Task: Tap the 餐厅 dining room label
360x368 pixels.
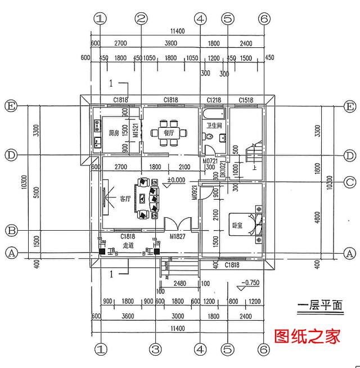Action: (168, 133)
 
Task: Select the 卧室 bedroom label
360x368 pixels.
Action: (237, 225)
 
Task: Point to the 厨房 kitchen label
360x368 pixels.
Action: (114, 133)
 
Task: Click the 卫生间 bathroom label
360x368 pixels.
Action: (214, 125)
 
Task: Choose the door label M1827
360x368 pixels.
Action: (178, 237)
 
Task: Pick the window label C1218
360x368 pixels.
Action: (214, 100)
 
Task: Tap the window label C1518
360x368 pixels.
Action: (245, 100)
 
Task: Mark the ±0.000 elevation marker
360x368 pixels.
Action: (176, 181)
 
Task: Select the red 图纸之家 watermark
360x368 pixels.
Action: (307, 338)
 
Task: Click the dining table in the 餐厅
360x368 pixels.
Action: (168, 133)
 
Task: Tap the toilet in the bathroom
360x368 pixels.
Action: (210, 137)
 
